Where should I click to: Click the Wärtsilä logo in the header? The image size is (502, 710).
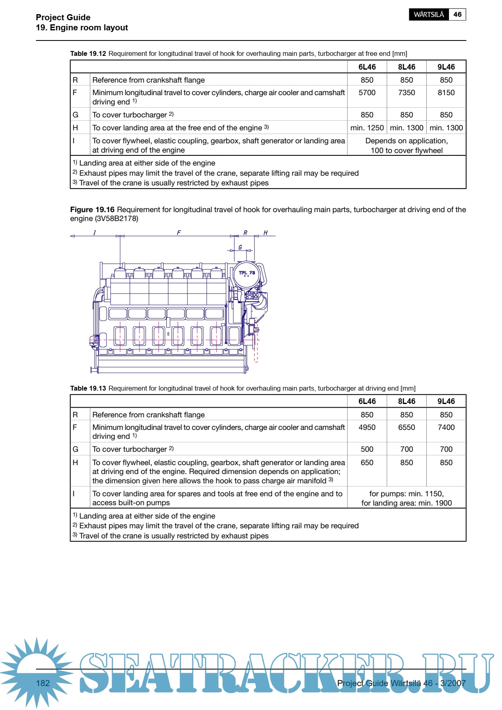[429, 15]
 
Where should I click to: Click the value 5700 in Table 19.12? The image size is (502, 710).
[367, 93]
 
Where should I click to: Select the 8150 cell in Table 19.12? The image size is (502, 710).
[446, 93]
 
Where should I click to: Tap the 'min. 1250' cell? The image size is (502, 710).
[367, 128]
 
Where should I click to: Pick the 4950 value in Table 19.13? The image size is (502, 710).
[367, 427]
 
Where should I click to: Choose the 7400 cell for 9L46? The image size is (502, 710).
[446, 427]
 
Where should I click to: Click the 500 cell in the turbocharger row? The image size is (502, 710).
[367, 449]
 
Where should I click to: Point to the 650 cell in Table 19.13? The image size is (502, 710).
[367, 463]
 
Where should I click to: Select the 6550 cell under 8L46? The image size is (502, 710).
[406, 427]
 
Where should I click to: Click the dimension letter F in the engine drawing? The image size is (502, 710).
[179, 233]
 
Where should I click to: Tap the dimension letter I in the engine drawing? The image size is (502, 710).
[94, 233]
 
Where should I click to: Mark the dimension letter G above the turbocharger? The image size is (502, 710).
[240, 247]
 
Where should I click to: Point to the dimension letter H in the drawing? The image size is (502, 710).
[266, 233]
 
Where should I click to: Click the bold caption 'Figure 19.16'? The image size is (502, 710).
[92, 210]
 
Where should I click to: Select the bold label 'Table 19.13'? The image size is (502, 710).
[88, 389]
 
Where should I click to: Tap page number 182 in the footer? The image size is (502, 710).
[43, 683]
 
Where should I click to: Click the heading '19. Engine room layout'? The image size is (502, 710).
[82, 28]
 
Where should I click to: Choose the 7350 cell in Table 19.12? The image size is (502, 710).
[406, 93]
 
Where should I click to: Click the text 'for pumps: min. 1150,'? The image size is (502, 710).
[406, 494]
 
